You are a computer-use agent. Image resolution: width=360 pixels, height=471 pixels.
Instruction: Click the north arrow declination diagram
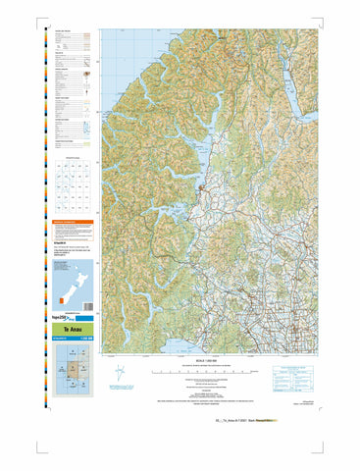(x=120, y=375)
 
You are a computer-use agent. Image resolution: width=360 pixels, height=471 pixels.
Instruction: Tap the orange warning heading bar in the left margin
(x=70, y=222)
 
